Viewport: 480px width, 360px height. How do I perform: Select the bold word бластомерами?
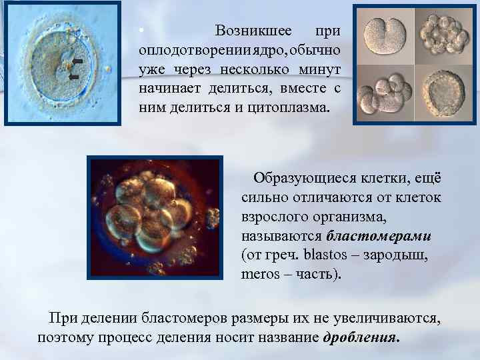click(x=379, y=236)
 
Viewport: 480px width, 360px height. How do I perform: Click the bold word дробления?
click(x=361, y=337)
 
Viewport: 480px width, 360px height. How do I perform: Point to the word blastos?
click(x=323, y=255)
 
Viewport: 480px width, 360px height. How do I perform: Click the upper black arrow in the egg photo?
click(x=77, y=61)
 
